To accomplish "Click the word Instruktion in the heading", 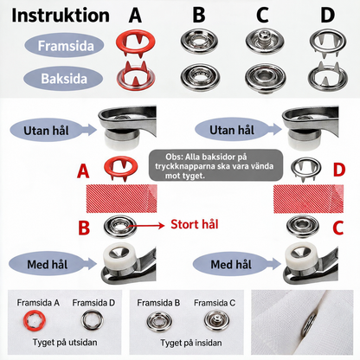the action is coord(61,16).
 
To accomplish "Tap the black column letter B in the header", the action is coord(199,15).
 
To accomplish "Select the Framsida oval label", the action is coord(64,46).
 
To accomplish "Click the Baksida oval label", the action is coord(63,79).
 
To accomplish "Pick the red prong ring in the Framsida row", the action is coord(135,42).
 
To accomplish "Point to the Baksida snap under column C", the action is coord(266,78).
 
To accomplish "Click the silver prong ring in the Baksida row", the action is coord(328,76).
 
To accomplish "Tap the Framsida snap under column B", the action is coord(199,42).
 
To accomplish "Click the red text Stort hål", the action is coord(195,224).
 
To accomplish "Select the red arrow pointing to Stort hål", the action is coord(146,226).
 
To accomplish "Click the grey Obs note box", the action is coord(215,165).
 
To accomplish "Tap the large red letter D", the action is coord(339,170).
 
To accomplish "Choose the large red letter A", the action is coord(83,171).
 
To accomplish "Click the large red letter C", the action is coord(337,228).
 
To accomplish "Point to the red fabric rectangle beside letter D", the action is coord(308,199).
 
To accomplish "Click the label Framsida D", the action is coord(93,303).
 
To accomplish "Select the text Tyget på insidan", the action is coord(191,343).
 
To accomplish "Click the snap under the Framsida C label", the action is coord(216,320).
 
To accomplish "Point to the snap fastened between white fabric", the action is coord(309,325).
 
